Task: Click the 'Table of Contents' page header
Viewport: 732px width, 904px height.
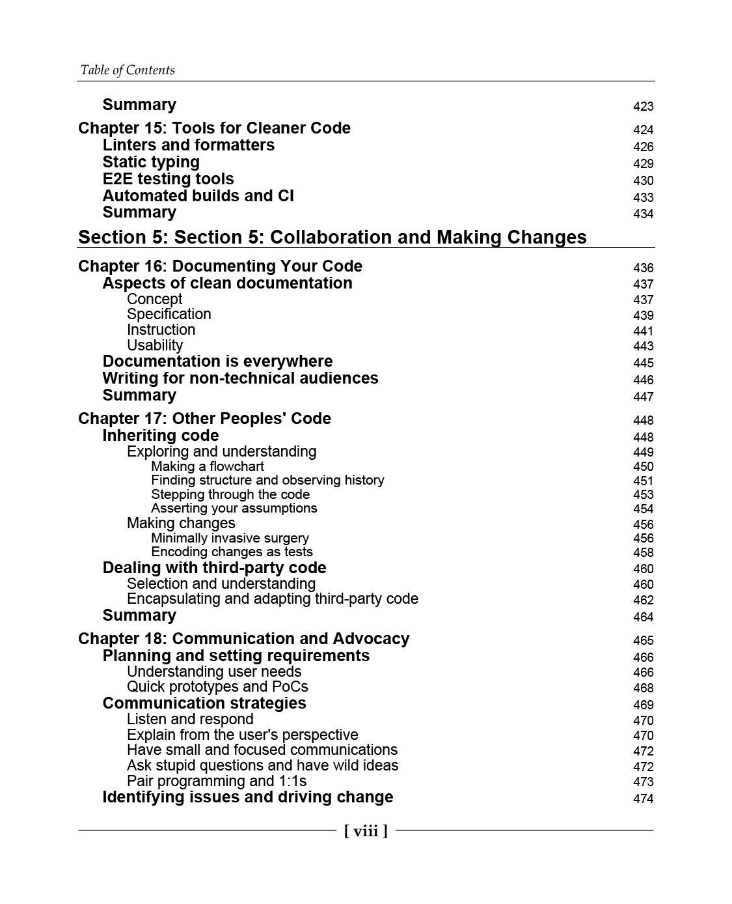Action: coord(128,70)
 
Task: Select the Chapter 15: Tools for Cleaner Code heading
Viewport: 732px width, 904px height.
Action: coord(214,128)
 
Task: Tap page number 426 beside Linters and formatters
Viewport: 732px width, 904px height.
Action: coord(643,147)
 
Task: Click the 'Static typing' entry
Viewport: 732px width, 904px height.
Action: coord(151,162)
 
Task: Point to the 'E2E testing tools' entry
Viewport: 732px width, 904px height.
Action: coord(168,179)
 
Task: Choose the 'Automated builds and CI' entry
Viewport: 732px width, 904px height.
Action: coord(198,196)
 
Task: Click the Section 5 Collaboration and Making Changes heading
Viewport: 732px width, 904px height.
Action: coord(332,237)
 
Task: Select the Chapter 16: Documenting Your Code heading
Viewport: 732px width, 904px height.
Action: coord(220,266)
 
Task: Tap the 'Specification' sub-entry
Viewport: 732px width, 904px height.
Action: coord(169,315)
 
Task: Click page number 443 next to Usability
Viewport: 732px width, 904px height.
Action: coord(643,346)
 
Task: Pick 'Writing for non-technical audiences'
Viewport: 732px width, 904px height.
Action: coord(240,378)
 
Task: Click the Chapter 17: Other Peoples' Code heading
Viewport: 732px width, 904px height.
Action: coord(204,419)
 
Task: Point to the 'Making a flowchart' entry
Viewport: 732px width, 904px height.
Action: coord(208,466)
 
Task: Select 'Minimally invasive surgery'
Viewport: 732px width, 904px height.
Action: coord(230,538)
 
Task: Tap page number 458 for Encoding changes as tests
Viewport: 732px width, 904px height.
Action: coord(643,552)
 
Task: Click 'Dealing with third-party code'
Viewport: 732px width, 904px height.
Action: coord(214,568)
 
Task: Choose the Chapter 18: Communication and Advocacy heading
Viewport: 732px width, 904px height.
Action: coord(243,639)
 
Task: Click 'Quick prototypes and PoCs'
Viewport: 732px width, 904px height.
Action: coord(217,687)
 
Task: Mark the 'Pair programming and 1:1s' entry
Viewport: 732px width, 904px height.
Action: coord(217,781)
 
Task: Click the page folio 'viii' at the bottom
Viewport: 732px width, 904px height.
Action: coord(366,830)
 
